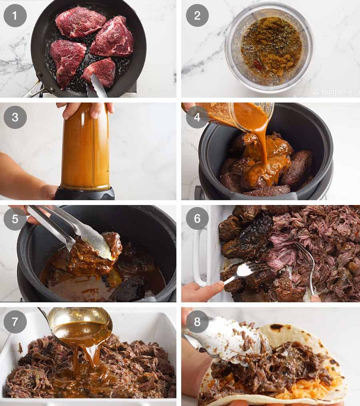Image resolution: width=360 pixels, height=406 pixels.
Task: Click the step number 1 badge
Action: pyautogui.click(x=15, y=16)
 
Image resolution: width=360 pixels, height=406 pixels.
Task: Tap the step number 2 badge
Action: pyautogui.click(x=197, y=16)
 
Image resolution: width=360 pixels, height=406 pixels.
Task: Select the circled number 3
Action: pyautogui.click(x=15, y=117)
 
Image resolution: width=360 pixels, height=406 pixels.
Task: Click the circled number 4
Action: pyautogui.click(x=197, y=117)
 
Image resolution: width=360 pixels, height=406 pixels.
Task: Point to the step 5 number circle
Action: pyautogui.click(x=15, y=219)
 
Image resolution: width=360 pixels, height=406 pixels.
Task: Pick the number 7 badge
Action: pyautogui.click(x=15, y=322)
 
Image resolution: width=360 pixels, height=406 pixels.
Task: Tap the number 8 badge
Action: pyautogui.click(x=197, y=322)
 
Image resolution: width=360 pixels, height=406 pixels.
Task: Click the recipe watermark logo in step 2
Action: pyautogui.click(x=335, y=92)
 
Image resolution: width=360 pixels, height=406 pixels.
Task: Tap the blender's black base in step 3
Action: pyautogui.click(x=85, y=193)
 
